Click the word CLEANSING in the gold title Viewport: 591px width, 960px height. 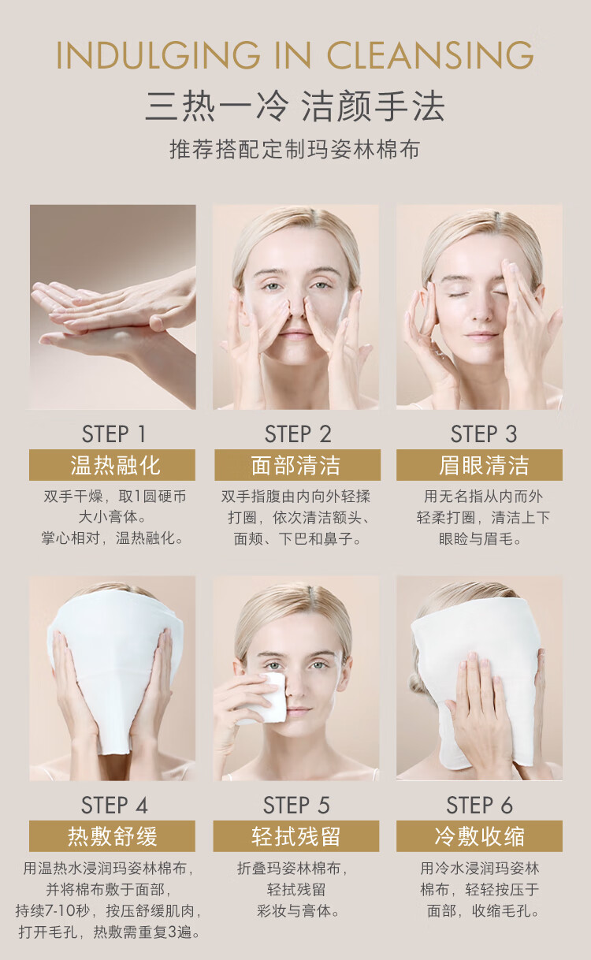pos(430,55)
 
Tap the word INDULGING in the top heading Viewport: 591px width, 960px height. pos(158,55)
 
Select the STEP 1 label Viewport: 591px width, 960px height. pos(113,433)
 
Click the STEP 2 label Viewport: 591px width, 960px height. pos(298,433)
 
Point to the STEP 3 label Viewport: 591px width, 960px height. pos(483,433)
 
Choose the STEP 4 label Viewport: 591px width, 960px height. pos(114,805)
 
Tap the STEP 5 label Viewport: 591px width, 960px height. pos(296,805)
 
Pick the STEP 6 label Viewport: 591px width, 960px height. pos(480,805)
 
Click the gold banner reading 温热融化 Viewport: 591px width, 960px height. pos(112,465)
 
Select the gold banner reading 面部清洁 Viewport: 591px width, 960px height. pos(297,465)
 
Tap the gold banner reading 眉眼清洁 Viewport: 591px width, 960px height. pos(479,465)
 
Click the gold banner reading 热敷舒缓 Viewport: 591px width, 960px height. pos(112,836)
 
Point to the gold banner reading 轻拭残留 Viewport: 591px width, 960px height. pos(296,836)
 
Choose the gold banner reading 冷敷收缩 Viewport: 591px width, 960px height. pos(479,836)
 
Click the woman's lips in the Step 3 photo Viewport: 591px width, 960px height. pos(481,335)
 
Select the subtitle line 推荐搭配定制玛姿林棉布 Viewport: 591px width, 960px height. pos(295,149)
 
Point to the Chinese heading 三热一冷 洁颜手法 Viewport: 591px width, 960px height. pos(295,106)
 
